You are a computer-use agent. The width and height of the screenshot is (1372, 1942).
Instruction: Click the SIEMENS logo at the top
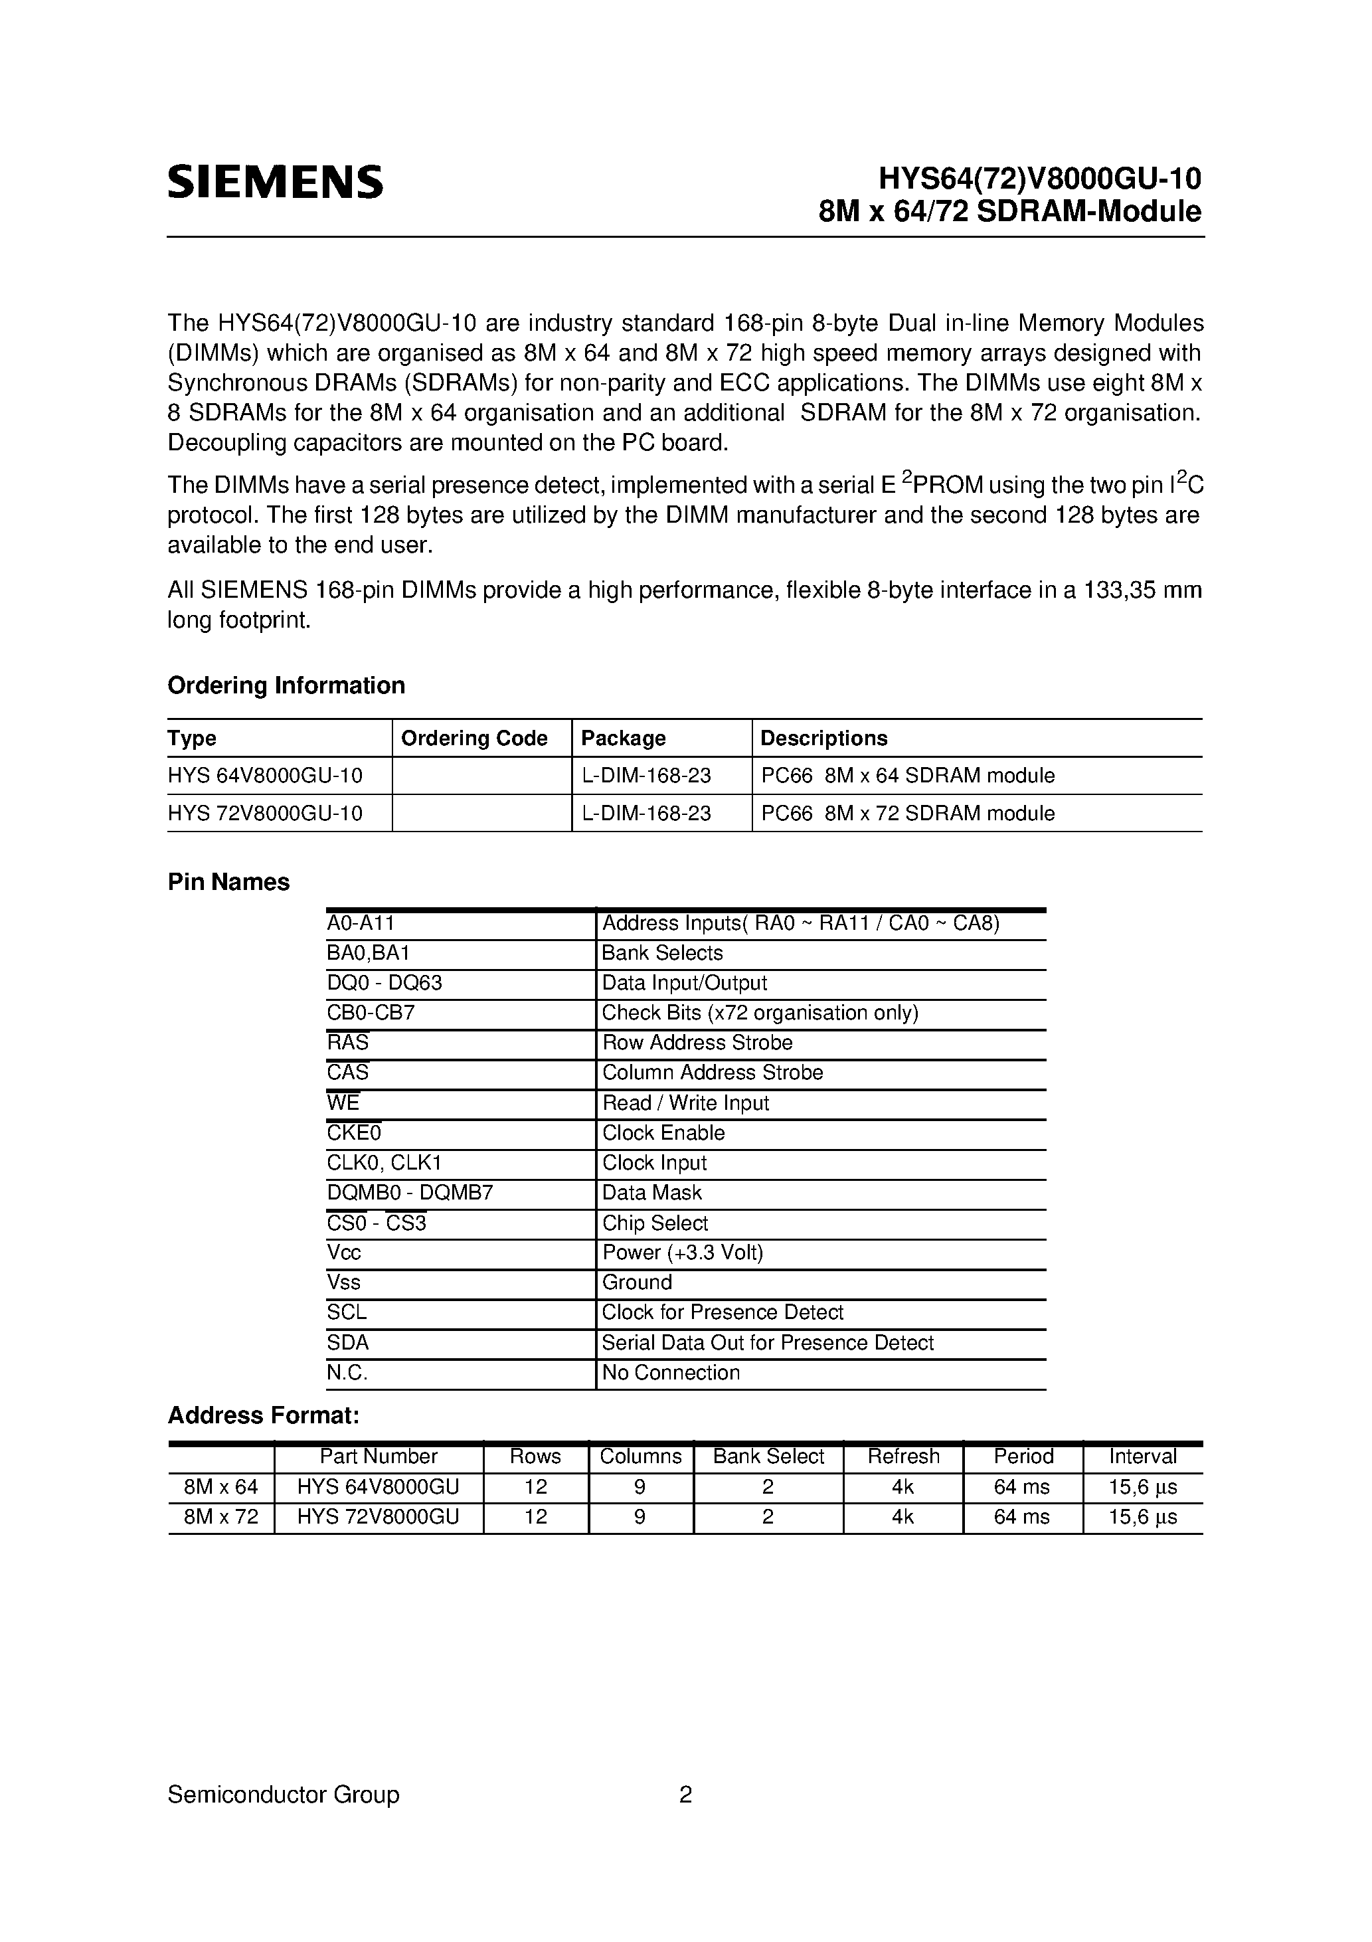coord(275,182)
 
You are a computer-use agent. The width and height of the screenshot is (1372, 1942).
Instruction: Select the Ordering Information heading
coord(286,685)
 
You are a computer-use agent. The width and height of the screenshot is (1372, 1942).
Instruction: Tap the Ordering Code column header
coord(473,739)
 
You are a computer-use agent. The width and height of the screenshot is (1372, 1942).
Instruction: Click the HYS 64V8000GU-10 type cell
coord(265,776)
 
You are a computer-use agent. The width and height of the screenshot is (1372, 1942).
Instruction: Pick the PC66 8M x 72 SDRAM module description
coord(908,814)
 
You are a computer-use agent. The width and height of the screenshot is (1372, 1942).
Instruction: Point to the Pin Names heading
coord(228,882)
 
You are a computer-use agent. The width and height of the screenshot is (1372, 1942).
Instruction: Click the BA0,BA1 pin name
coord(368,953)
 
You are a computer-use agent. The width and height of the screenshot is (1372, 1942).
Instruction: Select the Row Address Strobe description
coord(697,1043)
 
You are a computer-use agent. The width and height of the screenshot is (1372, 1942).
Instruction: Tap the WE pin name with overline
coord(343,1103)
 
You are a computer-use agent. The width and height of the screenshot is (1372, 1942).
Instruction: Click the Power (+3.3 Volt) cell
coord(682,1253)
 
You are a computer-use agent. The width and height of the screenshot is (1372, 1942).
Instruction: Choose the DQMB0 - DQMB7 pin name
coord(409,1193)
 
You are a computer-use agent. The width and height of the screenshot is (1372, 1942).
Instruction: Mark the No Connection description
coord(670,1373)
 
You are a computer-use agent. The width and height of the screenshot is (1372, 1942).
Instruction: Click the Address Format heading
coord(264,1415)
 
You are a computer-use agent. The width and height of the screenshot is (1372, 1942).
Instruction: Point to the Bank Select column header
coord(768,1456)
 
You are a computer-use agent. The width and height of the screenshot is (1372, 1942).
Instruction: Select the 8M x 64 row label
coord(220,1487)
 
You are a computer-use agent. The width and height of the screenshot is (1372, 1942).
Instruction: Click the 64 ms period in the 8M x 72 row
coord(1022,1518)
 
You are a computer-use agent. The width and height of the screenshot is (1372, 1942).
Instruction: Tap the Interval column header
coord(1143,1456)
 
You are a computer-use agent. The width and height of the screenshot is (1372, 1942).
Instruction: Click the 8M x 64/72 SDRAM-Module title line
coord(1010,211)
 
